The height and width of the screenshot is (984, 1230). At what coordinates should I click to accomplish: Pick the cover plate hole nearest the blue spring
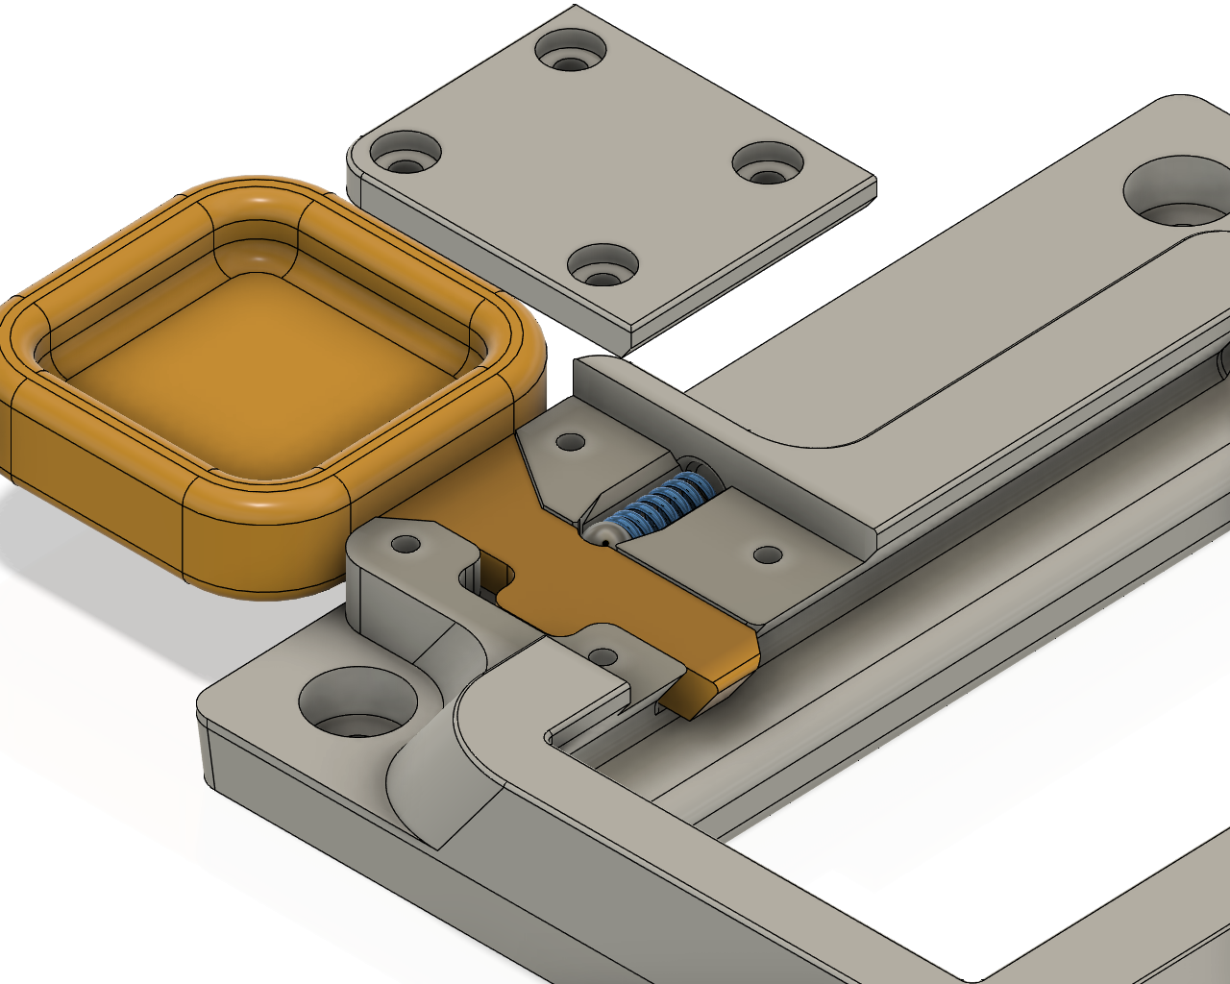click(x=603, y=264)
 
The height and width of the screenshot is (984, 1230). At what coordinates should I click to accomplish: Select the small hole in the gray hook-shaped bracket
click(x=406, y=545)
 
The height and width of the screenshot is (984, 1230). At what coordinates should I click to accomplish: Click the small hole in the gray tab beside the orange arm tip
click(x=603, y=657)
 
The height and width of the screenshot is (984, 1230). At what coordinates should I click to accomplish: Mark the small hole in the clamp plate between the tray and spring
click(x=571, y=443)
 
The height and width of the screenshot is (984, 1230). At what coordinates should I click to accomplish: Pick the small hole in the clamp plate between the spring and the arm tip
click(x=768, y=555)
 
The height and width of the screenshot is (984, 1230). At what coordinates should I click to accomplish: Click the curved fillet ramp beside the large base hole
click(x=437, y=778)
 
